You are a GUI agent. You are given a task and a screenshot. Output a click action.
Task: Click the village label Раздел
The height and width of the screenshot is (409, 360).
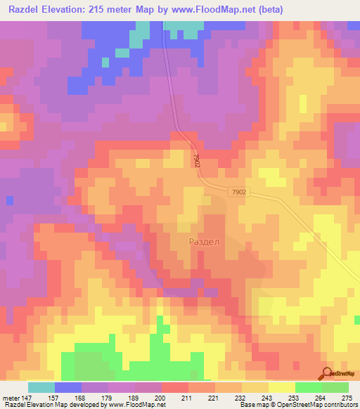coord(205,242)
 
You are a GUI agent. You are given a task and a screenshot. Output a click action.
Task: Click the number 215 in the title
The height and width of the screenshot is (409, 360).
coord(108,9)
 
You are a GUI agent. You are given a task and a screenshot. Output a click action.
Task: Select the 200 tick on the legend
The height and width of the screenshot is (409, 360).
coord(160,397)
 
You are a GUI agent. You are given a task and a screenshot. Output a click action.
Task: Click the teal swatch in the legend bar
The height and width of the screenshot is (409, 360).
coord(41,387)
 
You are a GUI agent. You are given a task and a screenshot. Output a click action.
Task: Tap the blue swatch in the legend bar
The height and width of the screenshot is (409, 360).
coord(68,387)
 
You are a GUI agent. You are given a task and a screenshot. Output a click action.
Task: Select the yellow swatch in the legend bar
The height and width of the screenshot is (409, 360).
coord(281,387)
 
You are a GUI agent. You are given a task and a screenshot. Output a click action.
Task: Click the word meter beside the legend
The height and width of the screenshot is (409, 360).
coord(11,397)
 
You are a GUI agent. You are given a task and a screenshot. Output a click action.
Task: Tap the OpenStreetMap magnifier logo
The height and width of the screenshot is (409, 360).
coord(327,373)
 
